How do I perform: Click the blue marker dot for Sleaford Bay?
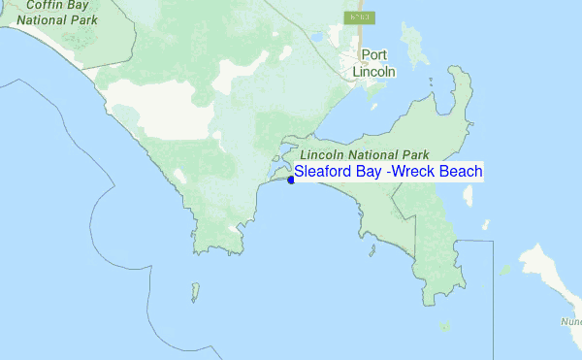point(291,180)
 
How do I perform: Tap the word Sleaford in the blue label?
point(325,172)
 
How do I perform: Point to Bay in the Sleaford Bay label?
point(372,172)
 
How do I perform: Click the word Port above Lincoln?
point(373,55)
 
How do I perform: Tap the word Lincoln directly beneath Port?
point(373,72)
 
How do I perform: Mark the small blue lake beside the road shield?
point(315,39)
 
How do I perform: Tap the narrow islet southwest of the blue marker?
point(194,290)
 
